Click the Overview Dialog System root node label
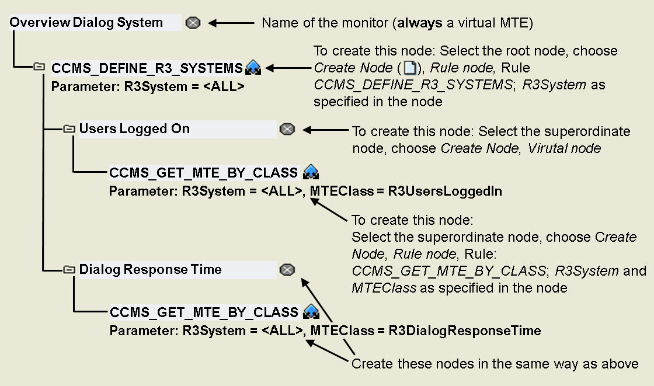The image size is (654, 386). pos(86,23)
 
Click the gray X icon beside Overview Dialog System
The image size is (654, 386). pos(193,23)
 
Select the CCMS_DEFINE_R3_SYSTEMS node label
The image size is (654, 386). pos(147,68)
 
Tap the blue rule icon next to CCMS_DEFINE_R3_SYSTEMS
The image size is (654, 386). pos(253,68)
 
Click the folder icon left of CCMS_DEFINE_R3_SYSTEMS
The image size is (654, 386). pos(39,67)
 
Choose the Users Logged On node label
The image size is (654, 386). pos(134,129)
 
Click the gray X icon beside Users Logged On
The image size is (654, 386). pos(287,129)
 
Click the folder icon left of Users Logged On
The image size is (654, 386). pos(69,128)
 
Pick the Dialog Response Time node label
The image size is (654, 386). pos(150,270)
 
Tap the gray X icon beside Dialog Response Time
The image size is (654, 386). pos(287,270)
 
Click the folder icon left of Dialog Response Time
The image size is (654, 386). pos(69,269)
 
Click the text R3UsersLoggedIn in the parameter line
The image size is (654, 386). pos(445,191)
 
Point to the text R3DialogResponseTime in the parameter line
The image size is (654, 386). pos(465,331)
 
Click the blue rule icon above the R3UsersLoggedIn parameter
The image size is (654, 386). pos(311,172)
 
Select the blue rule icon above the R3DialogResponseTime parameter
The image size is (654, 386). pos(311,312)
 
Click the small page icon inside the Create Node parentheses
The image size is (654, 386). pos(411,68)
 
